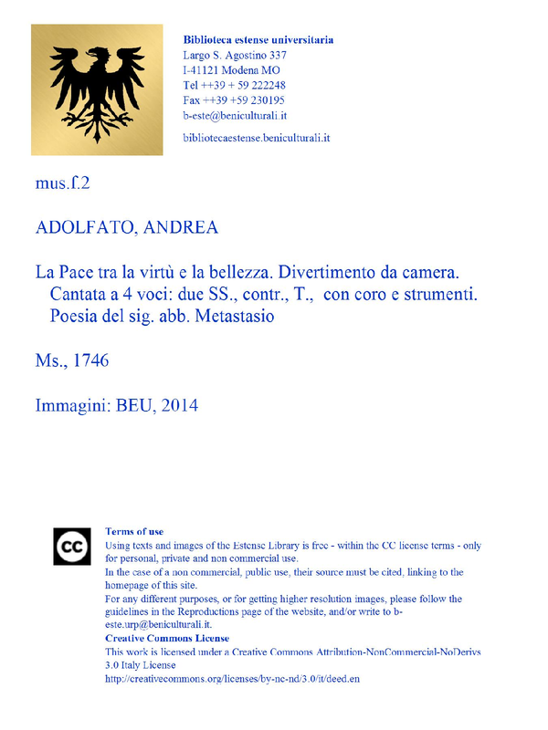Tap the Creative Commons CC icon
pyautogui.click(x=71, y=547)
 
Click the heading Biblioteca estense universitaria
pyautogui.click(x=258, y=40)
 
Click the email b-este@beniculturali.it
pyautogui.click(x=235, y=116)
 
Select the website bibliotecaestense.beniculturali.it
pyautogui.click(x=256, y=138)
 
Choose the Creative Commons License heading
pyautogui.click(x=167, y=638)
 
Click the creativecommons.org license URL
pyautogui.click(x=239, y=679)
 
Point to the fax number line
pyautogui.click(x=233, y=100)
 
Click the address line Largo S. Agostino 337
pyautogui.click(x=235, y=56)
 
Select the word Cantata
pyautogui.click(x=82, y=295)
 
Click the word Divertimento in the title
pyautogui.click(x=330, y=273)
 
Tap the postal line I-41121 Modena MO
pyautogui.click(x=231, y=70)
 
